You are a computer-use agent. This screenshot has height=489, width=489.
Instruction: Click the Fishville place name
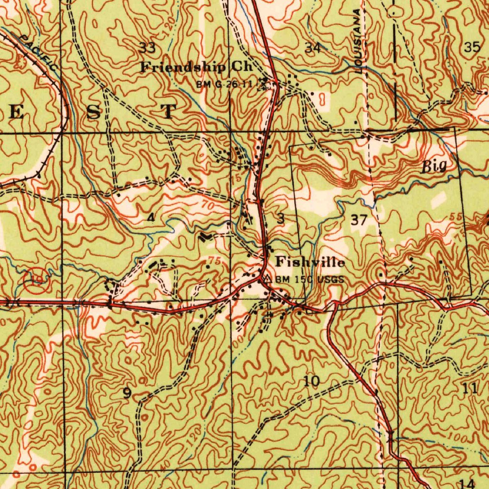[x=310, y=262]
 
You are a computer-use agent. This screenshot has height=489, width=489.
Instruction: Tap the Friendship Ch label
[x=196, y=67]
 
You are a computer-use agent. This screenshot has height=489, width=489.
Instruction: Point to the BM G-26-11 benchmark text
[x=224, y=85]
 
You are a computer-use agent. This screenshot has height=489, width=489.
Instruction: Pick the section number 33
[x=147, y=47]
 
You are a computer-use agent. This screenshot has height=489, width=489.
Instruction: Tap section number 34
[x=313, y=47]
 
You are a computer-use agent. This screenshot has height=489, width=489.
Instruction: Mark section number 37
[x=359, y=220]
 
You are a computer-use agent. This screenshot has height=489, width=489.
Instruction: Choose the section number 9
[x=127, y=393]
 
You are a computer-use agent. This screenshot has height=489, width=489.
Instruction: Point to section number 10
[x=312, y=381]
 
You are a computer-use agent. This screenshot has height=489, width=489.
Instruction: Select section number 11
[x=470, y=389]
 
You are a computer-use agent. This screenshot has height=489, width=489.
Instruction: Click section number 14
[x=468, y=482]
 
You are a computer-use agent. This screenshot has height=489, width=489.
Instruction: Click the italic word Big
[x=434, y=166]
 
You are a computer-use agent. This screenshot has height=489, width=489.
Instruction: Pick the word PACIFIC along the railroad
[x=39, y=53]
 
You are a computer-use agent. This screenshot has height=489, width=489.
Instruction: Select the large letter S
[x=94, y=112]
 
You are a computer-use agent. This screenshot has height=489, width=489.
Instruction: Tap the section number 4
[x=151, y=218]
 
